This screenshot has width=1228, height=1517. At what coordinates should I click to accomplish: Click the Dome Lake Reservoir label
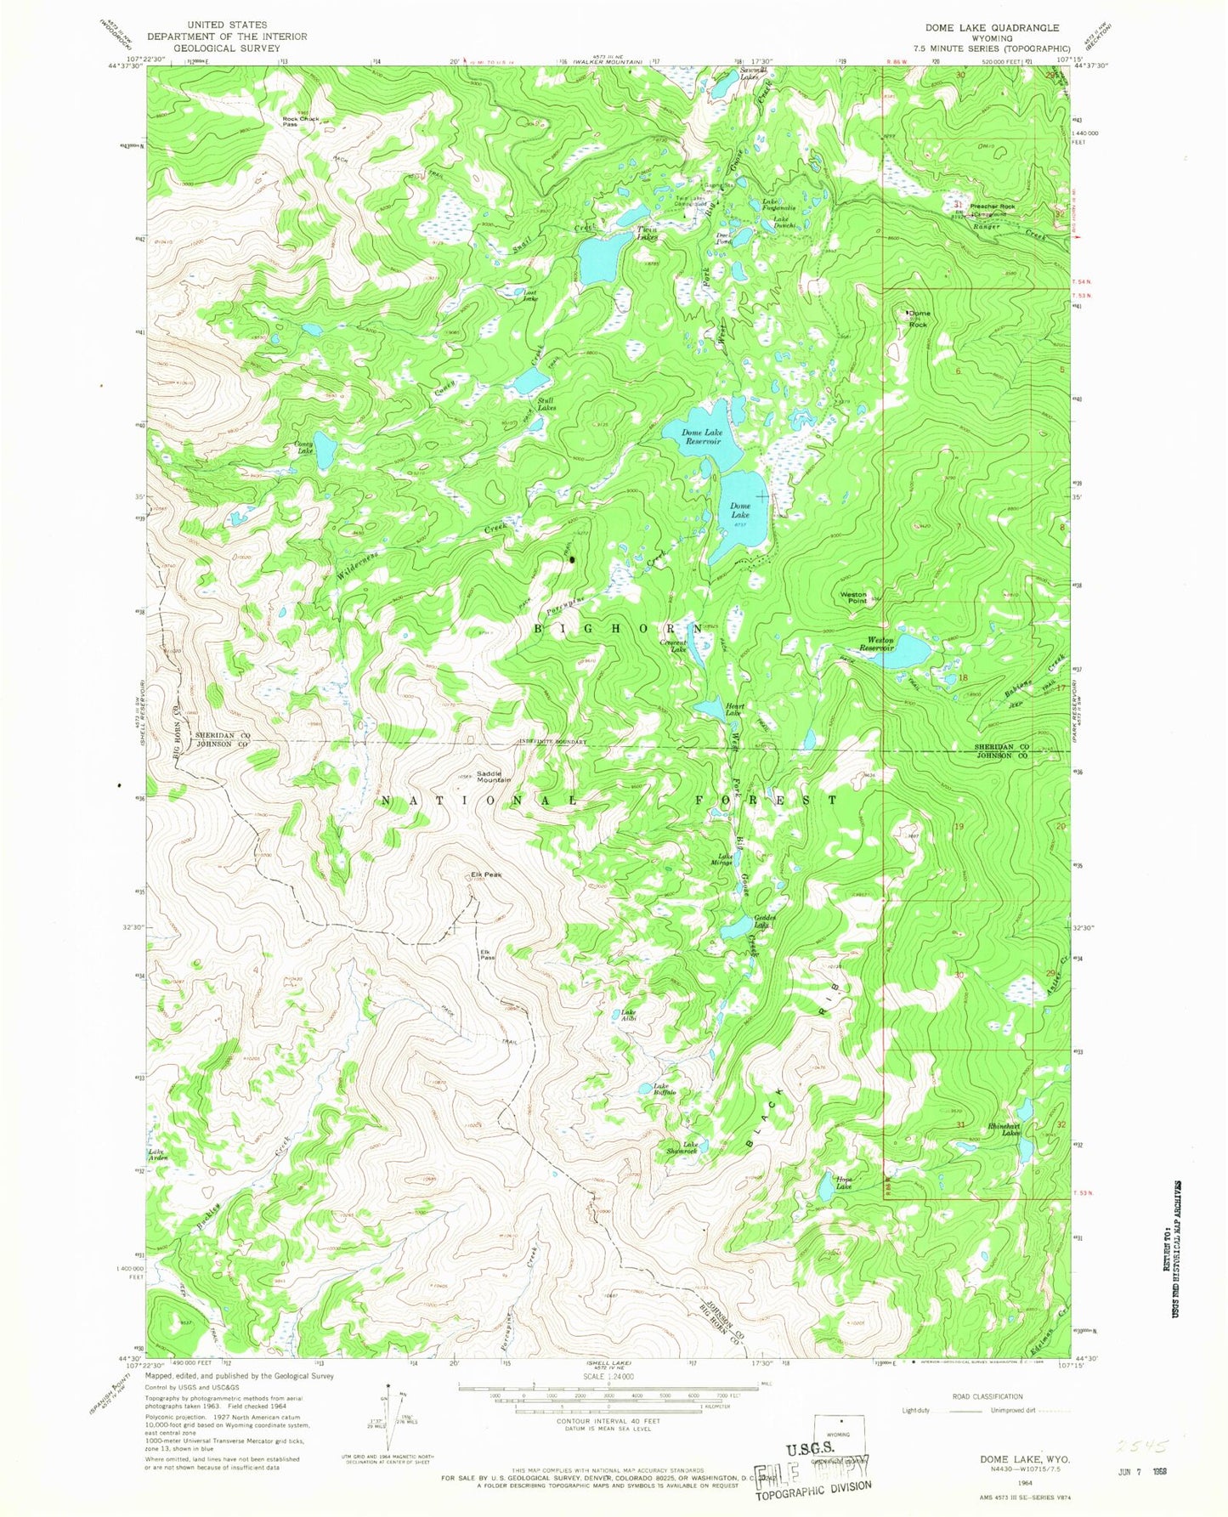[702, 437]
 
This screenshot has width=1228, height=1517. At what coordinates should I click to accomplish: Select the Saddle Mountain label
[494, 776]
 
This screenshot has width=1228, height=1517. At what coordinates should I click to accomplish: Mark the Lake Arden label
[157, 1155]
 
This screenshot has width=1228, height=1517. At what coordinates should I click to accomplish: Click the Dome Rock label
[919, 318]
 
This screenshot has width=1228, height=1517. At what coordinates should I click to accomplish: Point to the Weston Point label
[853, 597]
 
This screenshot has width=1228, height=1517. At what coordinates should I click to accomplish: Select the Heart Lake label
[734, 710]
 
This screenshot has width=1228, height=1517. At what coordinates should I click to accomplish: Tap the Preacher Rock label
[993, 207]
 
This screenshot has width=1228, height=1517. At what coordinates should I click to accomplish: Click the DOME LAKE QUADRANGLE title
[992, 28]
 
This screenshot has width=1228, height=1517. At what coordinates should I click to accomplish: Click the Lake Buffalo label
[663, 1089]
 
